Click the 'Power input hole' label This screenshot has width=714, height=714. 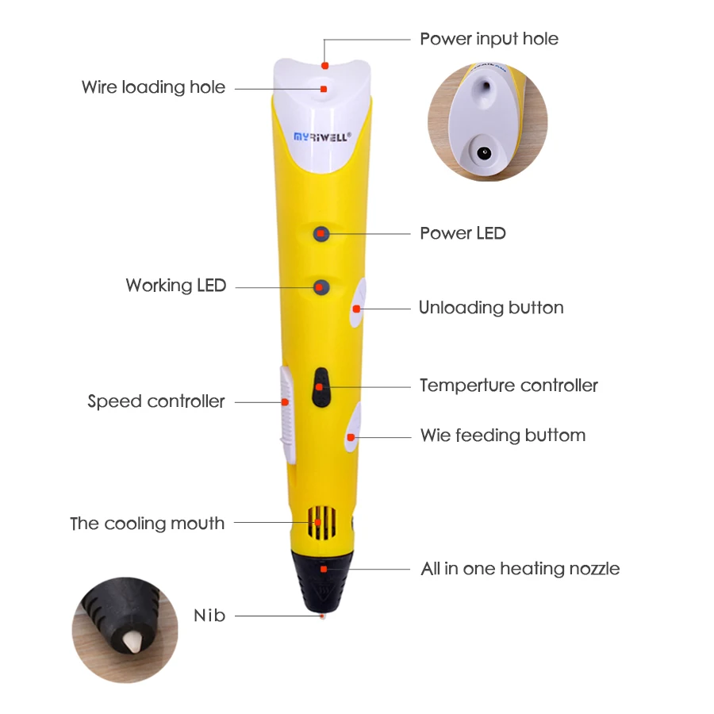click(x=489, y=39)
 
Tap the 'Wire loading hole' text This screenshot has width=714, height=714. click(x=153, y=87)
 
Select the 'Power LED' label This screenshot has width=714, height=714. click(x=463, y=233)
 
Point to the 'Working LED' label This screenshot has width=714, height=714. click(x=175, y=286)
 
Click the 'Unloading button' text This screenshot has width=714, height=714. click(x=491, y=308)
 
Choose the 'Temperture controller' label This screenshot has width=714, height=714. click(x=509, y=386)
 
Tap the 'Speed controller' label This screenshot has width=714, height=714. click(x=156, y=401)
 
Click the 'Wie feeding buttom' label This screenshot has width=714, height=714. click(x=503, y=436)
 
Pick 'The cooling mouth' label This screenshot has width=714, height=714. click(x=147, y=524)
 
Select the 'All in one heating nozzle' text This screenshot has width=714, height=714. click(x=520, y=569)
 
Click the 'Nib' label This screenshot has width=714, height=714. click(x=209, y=616)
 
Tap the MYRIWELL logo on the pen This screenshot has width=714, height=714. click(x=317, y=137)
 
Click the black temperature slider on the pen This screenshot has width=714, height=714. click(x=320, y=387)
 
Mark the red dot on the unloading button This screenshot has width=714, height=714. click(x=356, y=308)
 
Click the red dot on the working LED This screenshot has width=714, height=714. click(x=321, y=286)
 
